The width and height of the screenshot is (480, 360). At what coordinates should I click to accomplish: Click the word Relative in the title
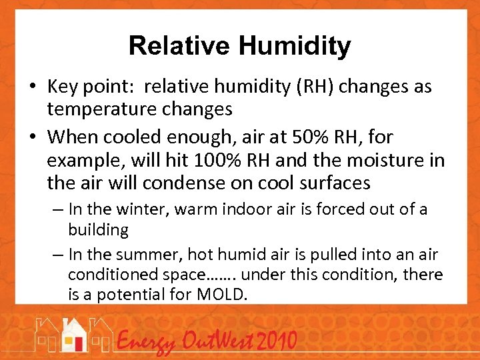179,46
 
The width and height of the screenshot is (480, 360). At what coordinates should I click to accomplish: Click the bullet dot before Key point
34,87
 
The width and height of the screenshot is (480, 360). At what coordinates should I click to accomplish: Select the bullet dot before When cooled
34,138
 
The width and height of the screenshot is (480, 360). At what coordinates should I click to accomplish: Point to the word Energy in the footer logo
145,343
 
